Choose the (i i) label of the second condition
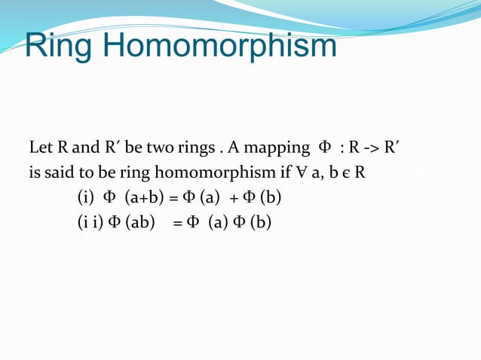click(89, 223)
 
